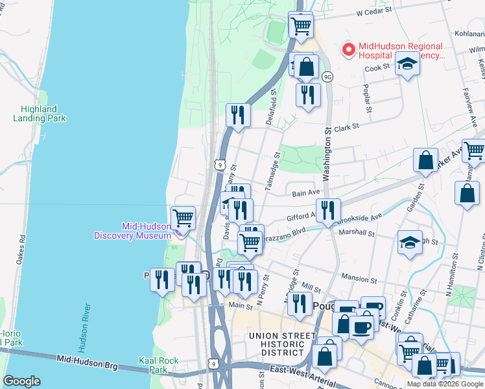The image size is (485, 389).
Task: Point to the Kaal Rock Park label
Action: click(x=153, y=364)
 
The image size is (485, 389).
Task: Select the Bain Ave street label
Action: click(x=306, y=193)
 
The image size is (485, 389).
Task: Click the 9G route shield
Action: click(x=328, y=77)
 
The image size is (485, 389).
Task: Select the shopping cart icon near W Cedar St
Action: click(x=300, y=26)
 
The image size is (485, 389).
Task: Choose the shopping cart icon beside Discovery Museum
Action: click(x=183, y=217)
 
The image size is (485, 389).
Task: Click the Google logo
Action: click(x=21, y=381)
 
